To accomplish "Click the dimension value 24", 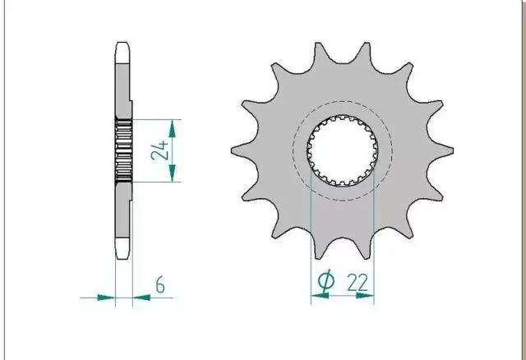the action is [159, 150].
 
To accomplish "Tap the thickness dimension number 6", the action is [160, 285].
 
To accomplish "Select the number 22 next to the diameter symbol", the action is [358, 283].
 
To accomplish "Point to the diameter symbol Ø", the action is [325, 279].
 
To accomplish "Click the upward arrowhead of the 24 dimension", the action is [172, 129].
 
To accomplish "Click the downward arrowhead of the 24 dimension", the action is [172, 173].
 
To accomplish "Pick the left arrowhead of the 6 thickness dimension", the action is [106, 298].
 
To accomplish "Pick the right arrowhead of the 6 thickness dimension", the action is [141, 298].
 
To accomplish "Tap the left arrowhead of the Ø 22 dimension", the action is [320, 296].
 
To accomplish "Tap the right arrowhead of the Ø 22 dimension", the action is [365, 296].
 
